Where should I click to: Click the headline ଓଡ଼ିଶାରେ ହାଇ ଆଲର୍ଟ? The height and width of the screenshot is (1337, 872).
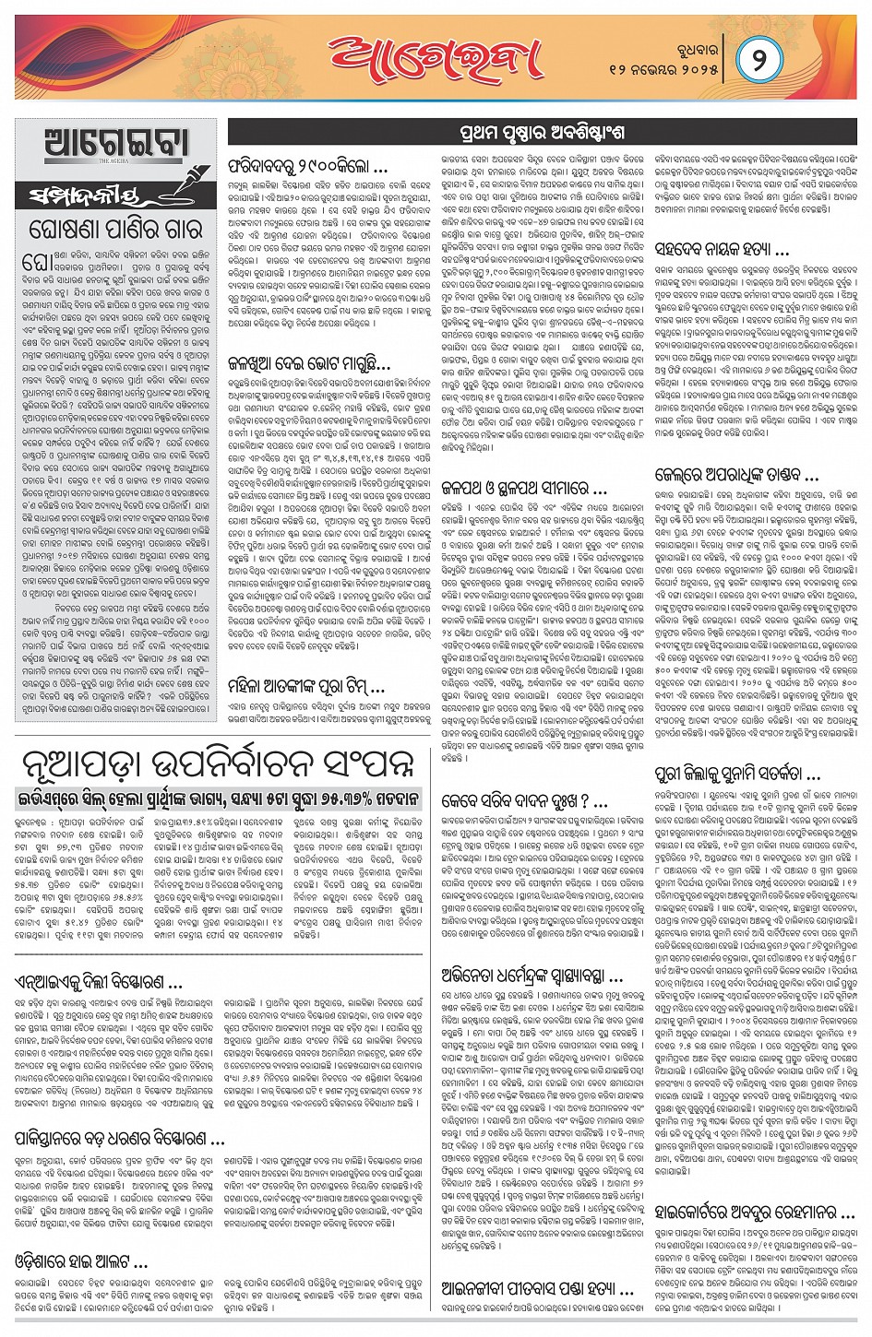click(81, 1261)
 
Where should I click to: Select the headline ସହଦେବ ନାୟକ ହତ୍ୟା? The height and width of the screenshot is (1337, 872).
click(722, 250)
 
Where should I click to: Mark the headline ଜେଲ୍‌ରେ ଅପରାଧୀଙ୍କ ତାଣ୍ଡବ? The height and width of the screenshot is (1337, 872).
click(736, 476)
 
